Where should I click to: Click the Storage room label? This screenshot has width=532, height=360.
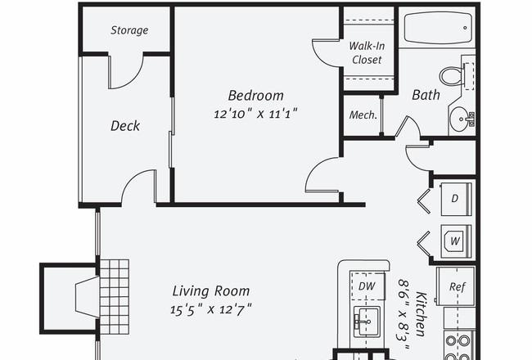[x=129, y=30]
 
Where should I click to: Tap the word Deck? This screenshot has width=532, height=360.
[x=125, y=126]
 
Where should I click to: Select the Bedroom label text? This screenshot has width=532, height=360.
[x=255, y=96]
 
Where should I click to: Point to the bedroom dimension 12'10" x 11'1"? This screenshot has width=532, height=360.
[x=255, y=114]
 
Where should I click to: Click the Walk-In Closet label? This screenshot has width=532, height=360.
[x=367, y=52]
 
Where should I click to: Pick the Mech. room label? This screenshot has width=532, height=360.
[x=363, y=115]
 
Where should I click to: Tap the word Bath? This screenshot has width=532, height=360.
[x=426, y=95]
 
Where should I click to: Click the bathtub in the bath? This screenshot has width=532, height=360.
[x=439, y=28]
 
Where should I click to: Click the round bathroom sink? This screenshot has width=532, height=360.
[x=461, y=119]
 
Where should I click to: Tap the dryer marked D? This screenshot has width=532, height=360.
[x=456, y=199]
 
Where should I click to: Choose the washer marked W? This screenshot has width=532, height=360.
[x=456, y=241]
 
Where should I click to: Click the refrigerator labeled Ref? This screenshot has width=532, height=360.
[x=455, y=286]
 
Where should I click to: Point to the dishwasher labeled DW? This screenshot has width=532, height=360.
[x=367, y=286]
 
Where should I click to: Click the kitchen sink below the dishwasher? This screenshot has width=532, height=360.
[x=367, y=322]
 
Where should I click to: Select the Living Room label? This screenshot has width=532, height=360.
[x=211, y=291]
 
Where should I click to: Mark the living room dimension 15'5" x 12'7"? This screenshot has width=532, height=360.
[x=211, y=309]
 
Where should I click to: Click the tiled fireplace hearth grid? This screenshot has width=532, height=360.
[x=115, y=297]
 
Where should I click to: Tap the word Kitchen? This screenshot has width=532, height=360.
[x=421, y=314]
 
